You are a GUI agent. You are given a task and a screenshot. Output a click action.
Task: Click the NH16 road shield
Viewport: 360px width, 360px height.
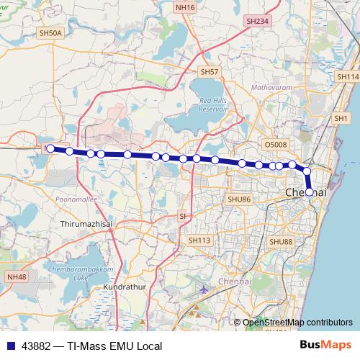tap(185, 7)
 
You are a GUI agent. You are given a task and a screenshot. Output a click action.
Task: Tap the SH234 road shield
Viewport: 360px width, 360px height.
tap(256, 22)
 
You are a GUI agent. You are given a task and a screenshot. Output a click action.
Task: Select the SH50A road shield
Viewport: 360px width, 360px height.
tap(52, 33)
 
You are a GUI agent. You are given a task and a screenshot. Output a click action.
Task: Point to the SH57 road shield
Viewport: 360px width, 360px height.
tap(209, 72)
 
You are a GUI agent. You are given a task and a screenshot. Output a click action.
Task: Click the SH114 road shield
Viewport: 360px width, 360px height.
tap(347, 76)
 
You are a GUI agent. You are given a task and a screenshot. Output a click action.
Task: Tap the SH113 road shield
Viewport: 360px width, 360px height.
tap(199, 240)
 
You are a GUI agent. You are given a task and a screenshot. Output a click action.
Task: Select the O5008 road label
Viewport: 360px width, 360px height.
tap(275, 145)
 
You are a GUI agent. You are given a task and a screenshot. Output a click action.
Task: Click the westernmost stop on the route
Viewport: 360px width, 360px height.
tap(50, 148)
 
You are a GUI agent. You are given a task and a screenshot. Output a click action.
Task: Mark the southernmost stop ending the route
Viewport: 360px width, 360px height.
tap(310, 192)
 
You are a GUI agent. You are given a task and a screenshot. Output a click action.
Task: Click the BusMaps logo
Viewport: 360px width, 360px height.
tap(320, 346)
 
